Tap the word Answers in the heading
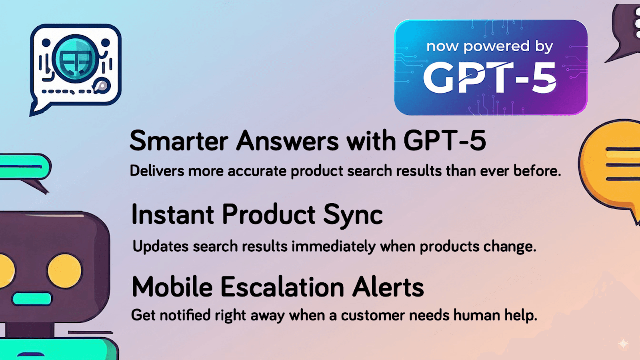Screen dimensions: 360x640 pyautogui.click(x=288, y=141)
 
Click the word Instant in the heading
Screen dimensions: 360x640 pyautogui.click(x=172, y=215)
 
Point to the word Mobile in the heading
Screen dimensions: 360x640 pyautogui.click(x=172, y=287)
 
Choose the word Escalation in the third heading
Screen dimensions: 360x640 pyautogui.click(x=282, y=287)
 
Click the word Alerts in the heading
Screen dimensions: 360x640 pyautogui.click(x=388, y=287)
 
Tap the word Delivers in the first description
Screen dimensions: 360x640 pyautogui.click(x=157, y=171)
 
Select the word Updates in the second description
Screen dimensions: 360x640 pyautogui.click(x=160, y=246)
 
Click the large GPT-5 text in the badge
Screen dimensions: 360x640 pyautogui.click(x=490, y=78)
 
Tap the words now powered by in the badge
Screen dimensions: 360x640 pyautogui.click(x=490, y=46)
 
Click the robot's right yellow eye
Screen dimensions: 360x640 pyautogui.click(x=64, y=271)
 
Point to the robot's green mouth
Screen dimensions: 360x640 pyautogui.click(x=32, y=298)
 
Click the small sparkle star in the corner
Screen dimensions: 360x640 pyautogui.click(x=623, y=343)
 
